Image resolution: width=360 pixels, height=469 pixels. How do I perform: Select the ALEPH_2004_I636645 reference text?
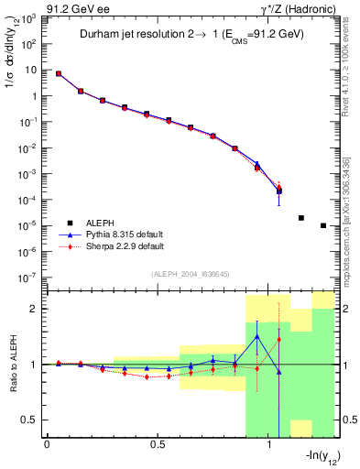pos(190,274)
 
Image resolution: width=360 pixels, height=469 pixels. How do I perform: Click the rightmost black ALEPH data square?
pos(323,225)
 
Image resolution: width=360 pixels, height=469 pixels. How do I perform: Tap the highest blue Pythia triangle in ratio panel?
pos(257,336)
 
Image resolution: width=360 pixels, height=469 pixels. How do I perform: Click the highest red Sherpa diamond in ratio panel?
pos(279,340)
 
